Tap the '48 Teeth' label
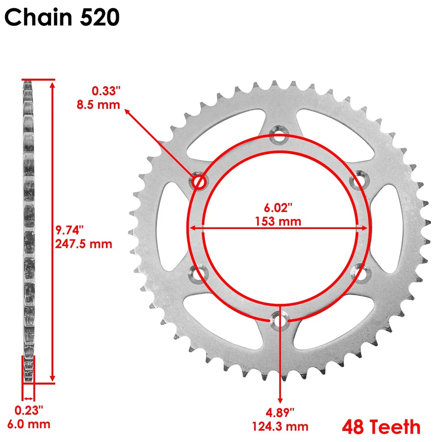pos(381,426)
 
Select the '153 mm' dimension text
pos(278,221)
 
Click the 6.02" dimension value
pos(278,208)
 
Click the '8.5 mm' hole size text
pos(98,105)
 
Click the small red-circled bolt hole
pos(199,182)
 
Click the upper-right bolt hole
pos(358,181)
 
